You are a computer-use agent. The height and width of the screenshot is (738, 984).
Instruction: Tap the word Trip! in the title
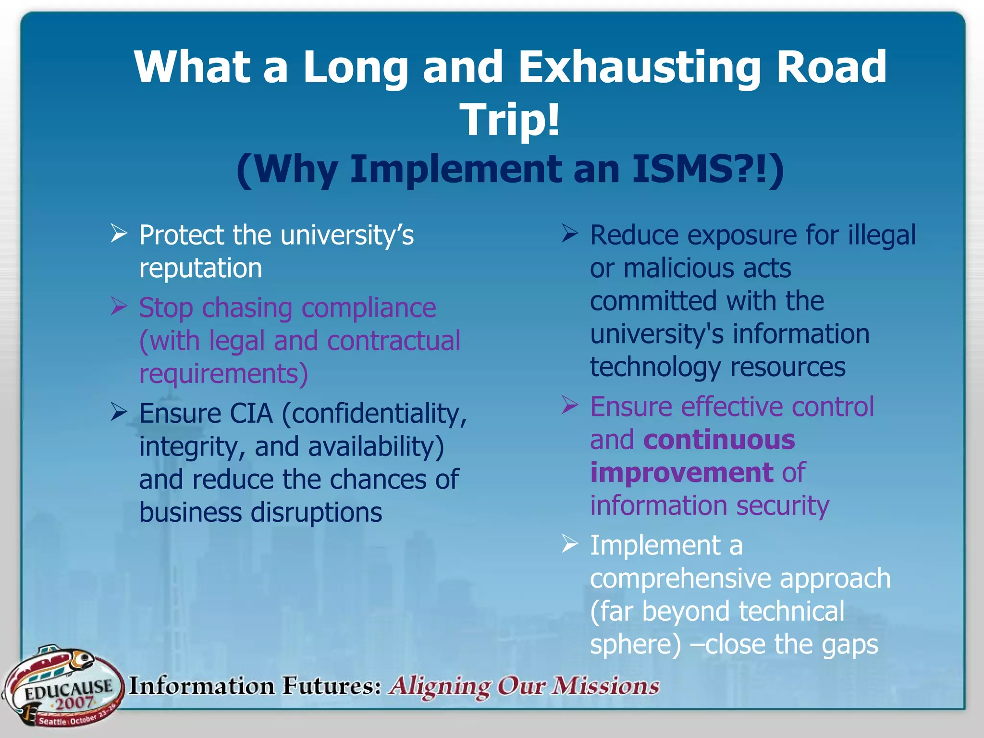point(510,120)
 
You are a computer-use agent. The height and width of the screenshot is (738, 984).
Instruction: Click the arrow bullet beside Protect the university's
point(119,234)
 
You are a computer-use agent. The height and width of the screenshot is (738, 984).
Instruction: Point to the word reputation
point(200,268)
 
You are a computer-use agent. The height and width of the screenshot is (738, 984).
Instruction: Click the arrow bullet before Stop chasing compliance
point(119,306)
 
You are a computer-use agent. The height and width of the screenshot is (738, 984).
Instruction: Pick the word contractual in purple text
point(394,341)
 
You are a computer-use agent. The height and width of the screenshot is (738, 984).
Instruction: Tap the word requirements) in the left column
point(223,374)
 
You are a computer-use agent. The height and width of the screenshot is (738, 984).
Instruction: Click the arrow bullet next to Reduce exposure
point(570,234)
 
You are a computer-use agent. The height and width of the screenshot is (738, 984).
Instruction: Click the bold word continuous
point(719,440)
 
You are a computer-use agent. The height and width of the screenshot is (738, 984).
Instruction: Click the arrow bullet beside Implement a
point(570,544)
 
